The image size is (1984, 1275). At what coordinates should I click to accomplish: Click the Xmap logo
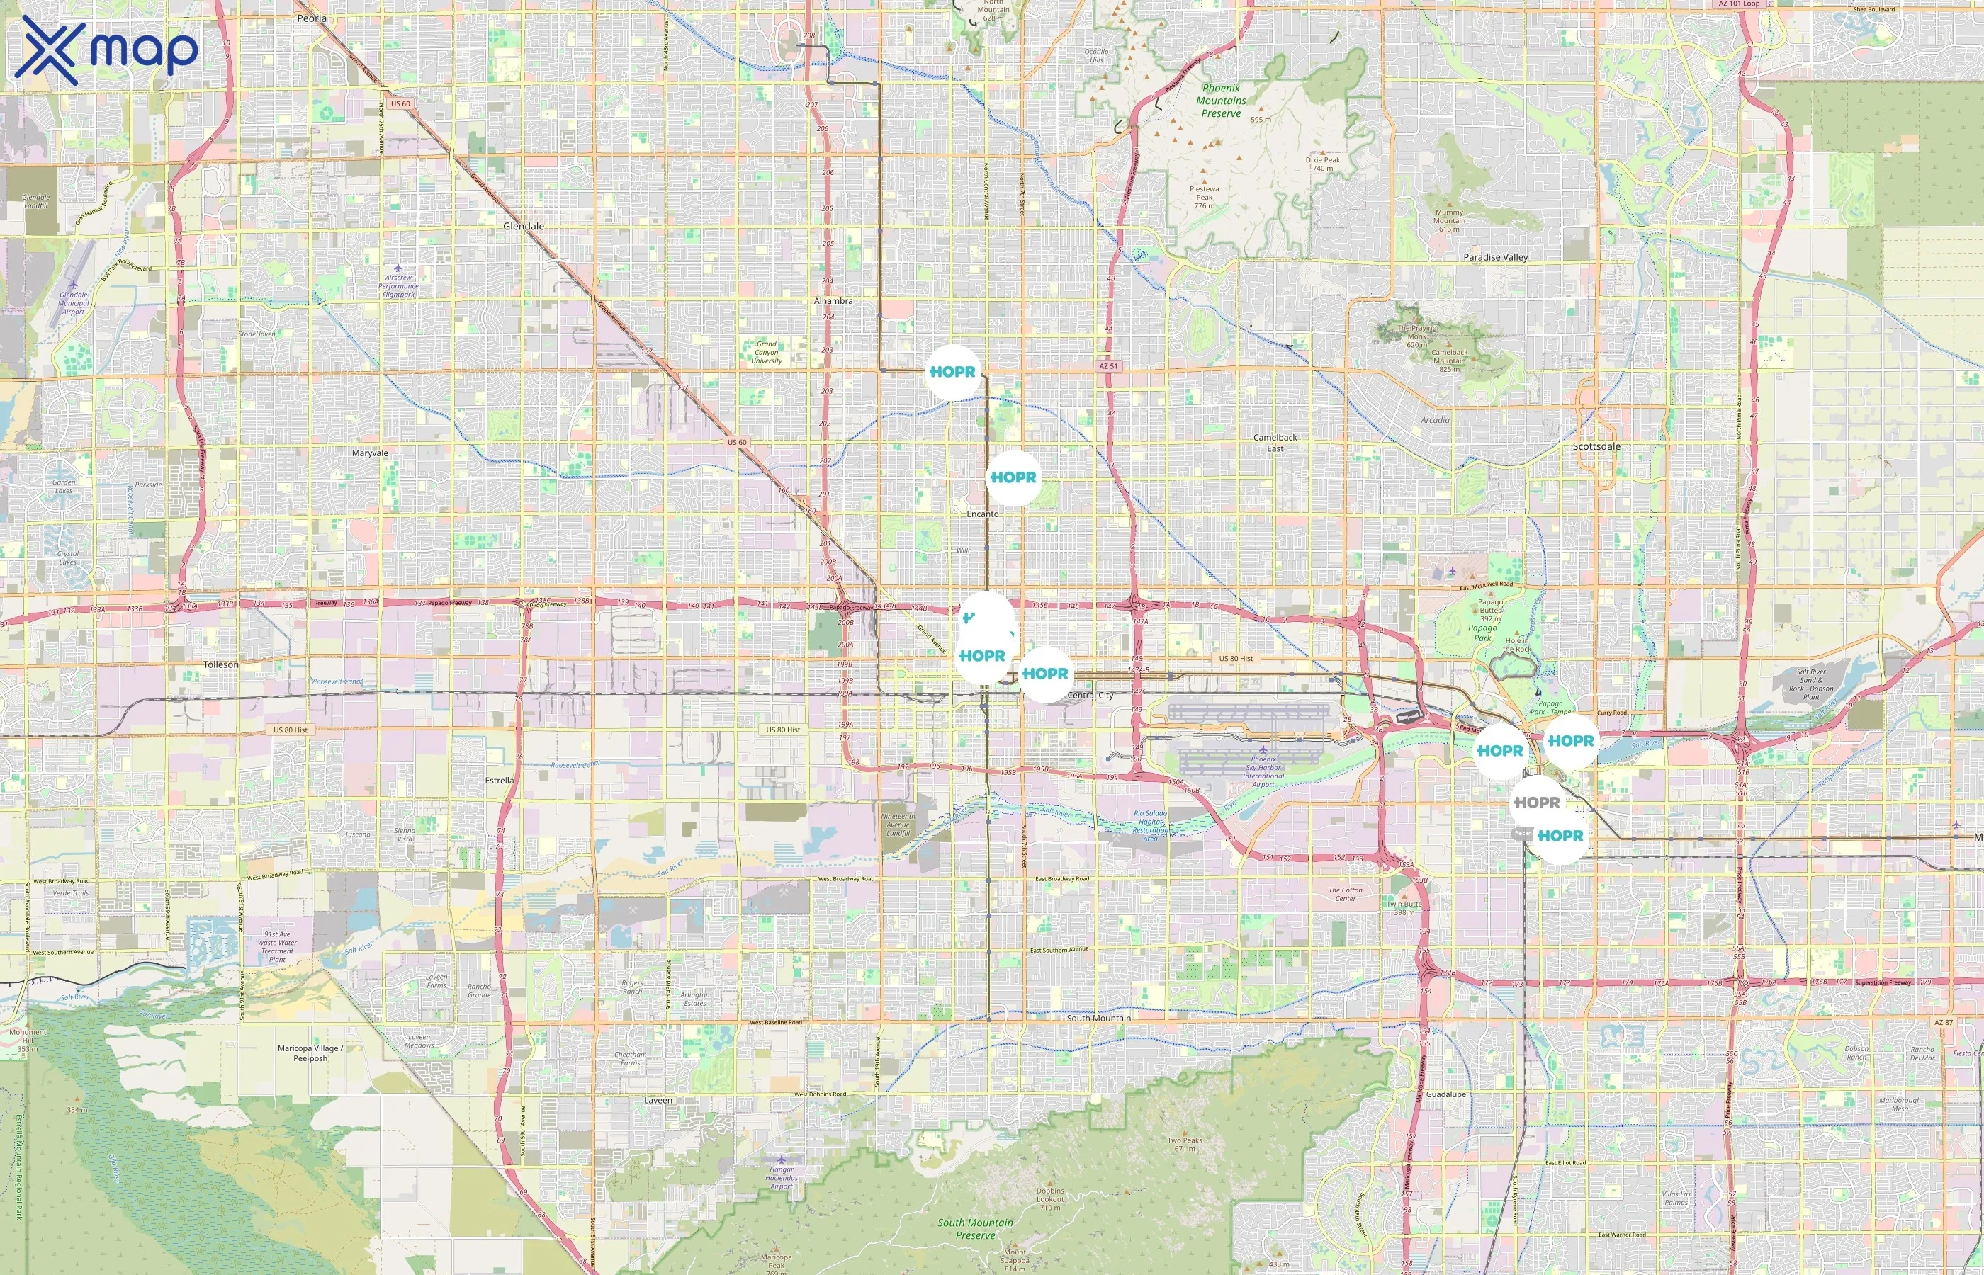click(106, 50)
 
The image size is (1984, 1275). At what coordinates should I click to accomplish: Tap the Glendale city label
click(524, 226)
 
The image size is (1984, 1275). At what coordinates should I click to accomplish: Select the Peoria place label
click(311, 18)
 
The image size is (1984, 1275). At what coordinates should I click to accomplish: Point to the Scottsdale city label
click(1596, 446)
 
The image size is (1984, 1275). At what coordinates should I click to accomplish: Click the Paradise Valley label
click(1494, 258)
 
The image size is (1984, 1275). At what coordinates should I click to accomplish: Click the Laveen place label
click(658, 1100)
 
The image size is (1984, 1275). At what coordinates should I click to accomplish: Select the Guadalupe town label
click(1445, 1094)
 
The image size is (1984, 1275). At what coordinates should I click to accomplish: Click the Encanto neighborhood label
click(982, 514)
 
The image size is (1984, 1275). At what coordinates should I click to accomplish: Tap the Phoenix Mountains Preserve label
click(1221, 100)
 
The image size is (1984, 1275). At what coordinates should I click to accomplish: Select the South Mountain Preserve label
click(974, 1229)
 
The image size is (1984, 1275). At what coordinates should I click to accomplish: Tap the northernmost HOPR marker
click(952, 373)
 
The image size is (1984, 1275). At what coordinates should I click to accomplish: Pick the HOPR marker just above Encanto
click(1013, 477)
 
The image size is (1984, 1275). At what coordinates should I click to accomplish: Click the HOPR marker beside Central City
click(1045, 674)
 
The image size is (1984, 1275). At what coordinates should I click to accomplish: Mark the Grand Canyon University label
click(766, 353)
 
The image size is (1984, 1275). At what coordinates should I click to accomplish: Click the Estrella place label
click(499, 781)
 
